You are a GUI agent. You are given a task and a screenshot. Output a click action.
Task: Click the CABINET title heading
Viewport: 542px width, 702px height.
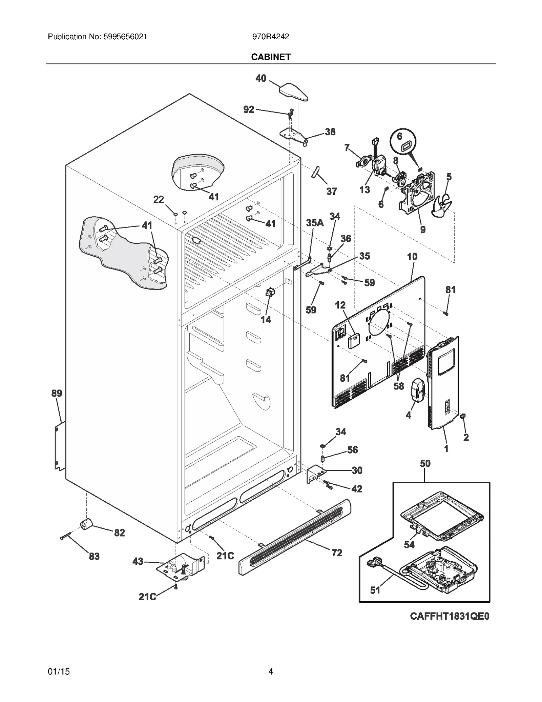(271, 57)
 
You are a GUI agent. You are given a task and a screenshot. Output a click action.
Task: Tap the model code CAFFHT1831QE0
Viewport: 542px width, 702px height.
(450, 616)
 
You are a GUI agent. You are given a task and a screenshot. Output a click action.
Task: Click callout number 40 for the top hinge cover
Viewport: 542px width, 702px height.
(260, 78)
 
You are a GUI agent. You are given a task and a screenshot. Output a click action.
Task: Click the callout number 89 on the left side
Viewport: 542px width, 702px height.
(57, 393)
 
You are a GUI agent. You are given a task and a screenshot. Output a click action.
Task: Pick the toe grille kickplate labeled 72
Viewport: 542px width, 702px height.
(295, 536)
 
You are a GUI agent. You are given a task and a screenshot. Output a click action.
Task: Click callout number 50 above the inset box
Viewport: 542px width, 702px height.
(425, 463)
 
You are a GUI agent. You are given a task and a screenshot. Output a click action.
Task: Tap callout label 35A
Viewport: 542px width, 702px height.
(315, 223)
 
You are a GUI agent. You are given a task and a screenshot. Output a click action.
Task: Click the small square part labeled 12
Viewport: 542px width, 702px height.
(354, 340)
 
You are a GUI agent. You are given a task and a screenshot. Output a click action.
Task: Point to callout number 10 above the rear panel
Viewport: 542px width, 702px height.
(412, 257)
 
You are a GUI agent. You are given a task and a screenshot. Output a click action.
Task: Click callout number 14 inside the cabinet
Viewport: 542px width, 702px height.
(266, 319)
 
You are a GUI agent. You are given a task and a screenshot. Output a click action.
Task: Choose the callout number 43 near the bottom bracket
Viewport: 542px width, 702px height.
(138, 561)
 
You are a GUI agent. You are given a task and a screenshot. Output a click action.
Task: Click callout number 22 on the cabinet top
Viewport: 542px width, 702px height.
(159, 200)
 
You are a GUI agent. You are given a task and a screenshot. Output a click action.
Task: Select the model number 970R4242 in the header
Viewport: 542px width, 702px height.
(271, 37)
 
